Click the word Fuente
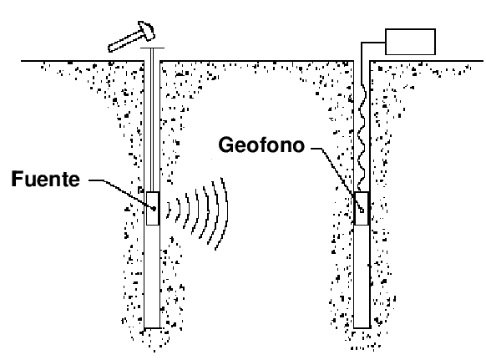pos(46,179)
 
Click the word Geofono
pos(261,145)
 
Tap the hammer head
pos(146,30)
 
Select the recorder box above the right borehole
pos(410,42)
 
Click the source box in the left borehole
pos(153,208)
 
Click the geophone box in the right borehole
pos(362,208)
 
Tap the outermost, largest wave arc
pos(223,213)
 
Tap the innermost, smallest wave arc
pos(170,210)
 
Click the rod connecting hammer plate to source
pos(152,119)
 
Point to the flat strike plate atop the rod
pos(152,48)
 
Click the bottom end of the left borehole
pos(152,327)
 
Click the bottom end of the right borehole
pos(362,327)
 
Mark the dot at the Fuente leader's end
pos(154,209)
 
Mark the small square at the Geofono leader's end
pos(362,210)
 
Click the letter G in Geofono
pos(226,145)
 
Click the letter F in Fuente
pos(17,179)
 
